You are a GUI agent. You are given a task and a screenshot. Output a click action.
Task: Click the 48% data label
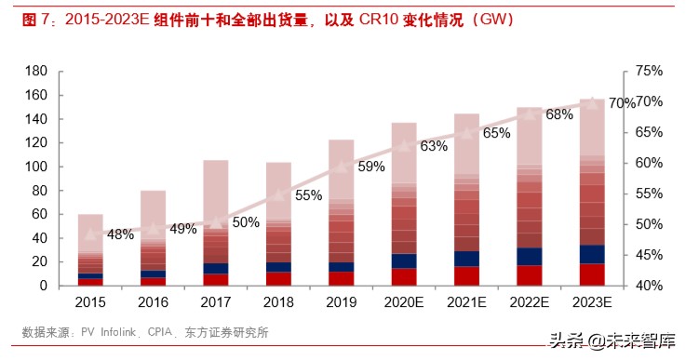[120, 234]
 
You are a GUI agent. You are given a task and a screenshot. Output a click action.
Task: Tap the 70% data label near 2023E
[622, 102]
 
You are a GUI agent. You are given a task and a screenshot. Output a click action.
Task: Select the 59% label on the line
[370, 167]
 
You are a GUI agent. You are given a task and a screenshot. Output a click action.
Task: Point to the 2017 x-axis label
[216, 302]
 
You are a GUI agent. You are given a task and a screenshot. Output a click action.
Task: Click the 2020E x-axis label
[404, 302]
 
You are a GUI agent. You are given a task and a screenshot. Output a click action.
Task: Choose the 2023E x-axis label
[592, 302]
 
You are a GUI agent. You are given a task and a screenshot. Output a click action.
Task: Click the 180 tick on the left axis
[36, 72]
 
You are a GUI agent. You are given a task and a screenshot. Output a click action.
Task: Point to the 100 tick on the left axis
[36, 167]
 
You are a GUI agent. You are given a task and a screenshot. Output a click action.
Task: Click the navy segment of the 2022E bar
[530, 256]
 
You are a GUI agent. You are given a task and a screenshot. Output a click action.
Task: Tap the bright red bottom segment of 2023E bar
[592, 274]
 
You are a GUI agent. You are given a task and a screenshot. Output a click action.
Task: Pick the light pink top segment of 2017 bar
[216, 191]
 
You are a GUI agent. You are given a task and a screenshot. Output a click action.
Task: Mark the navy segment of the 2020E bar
[404, 260]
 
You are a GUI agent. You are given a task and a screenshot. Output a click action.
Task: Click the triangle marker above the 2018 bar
[278, 195]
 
